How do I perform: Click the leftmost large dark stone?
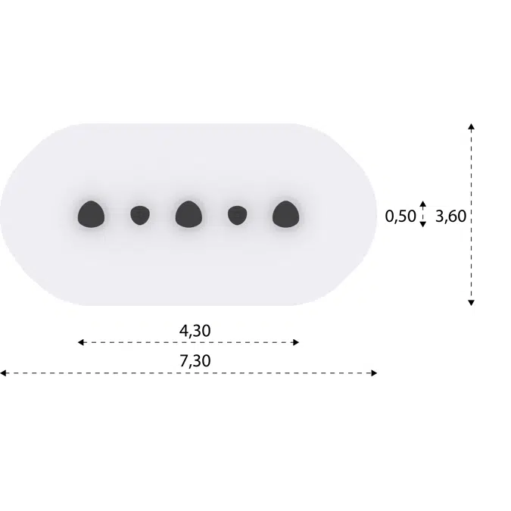pyautogui.click(x=91, y=214)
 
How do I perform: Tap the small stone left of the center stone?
pyautogui.click(x=139, y=216)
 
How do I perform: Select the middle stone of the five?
pyautogui.click(x=188, y=214)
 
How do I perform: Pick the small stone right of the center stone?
pyautogui.click(x=237, y=216)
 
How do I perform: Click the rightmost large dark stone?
pyautogui.click(x=285, y=214)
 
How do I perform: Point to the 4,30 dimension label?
pyautogui.click(x=195, y=330)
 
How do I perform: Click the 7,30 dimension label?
pyautogui.click(x=195, y=361)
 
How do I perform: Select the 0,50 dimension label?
pyautogui.click(x=400, y=217)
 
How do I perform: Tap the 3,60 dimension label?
pyautogui.click(x=451, y=217)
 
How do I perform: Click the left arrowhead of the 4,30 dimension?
pyautogui.click(x=80, y=342)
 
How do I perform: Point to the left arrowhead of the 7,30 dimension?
pyautogui.click(x=3, y=372)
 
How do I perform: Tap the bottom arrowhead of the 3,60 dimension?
pyautogui.click(x=471, y=302)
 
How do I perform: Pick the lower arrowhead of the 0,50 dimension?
pyautogui.click(x=423, y=224)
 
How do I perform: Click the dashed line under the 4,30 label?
pyautogui.click(x=189, y=342)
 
